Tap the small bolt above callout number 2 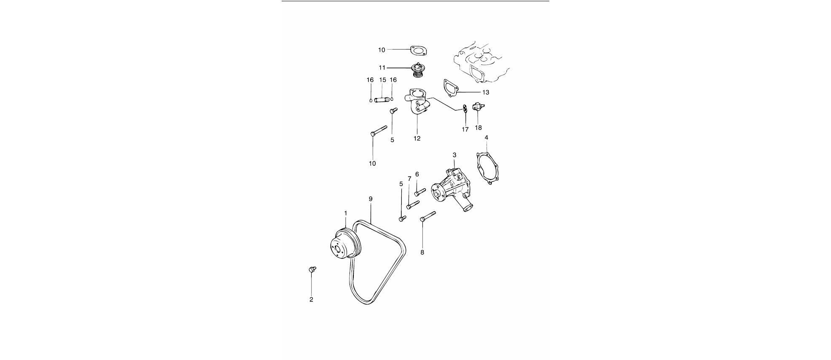click(312, 269)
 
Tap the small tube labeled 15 click(382, 100)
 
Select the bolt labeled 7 click(413, 204)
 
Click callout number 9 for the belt click(371, 199)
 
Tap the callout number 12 click(417, 138)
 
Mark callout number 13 click(486, 92)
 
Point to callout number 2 click(311, 300)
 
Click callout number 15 click(382, 80)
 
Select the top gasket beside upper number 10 click(417, 50)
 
